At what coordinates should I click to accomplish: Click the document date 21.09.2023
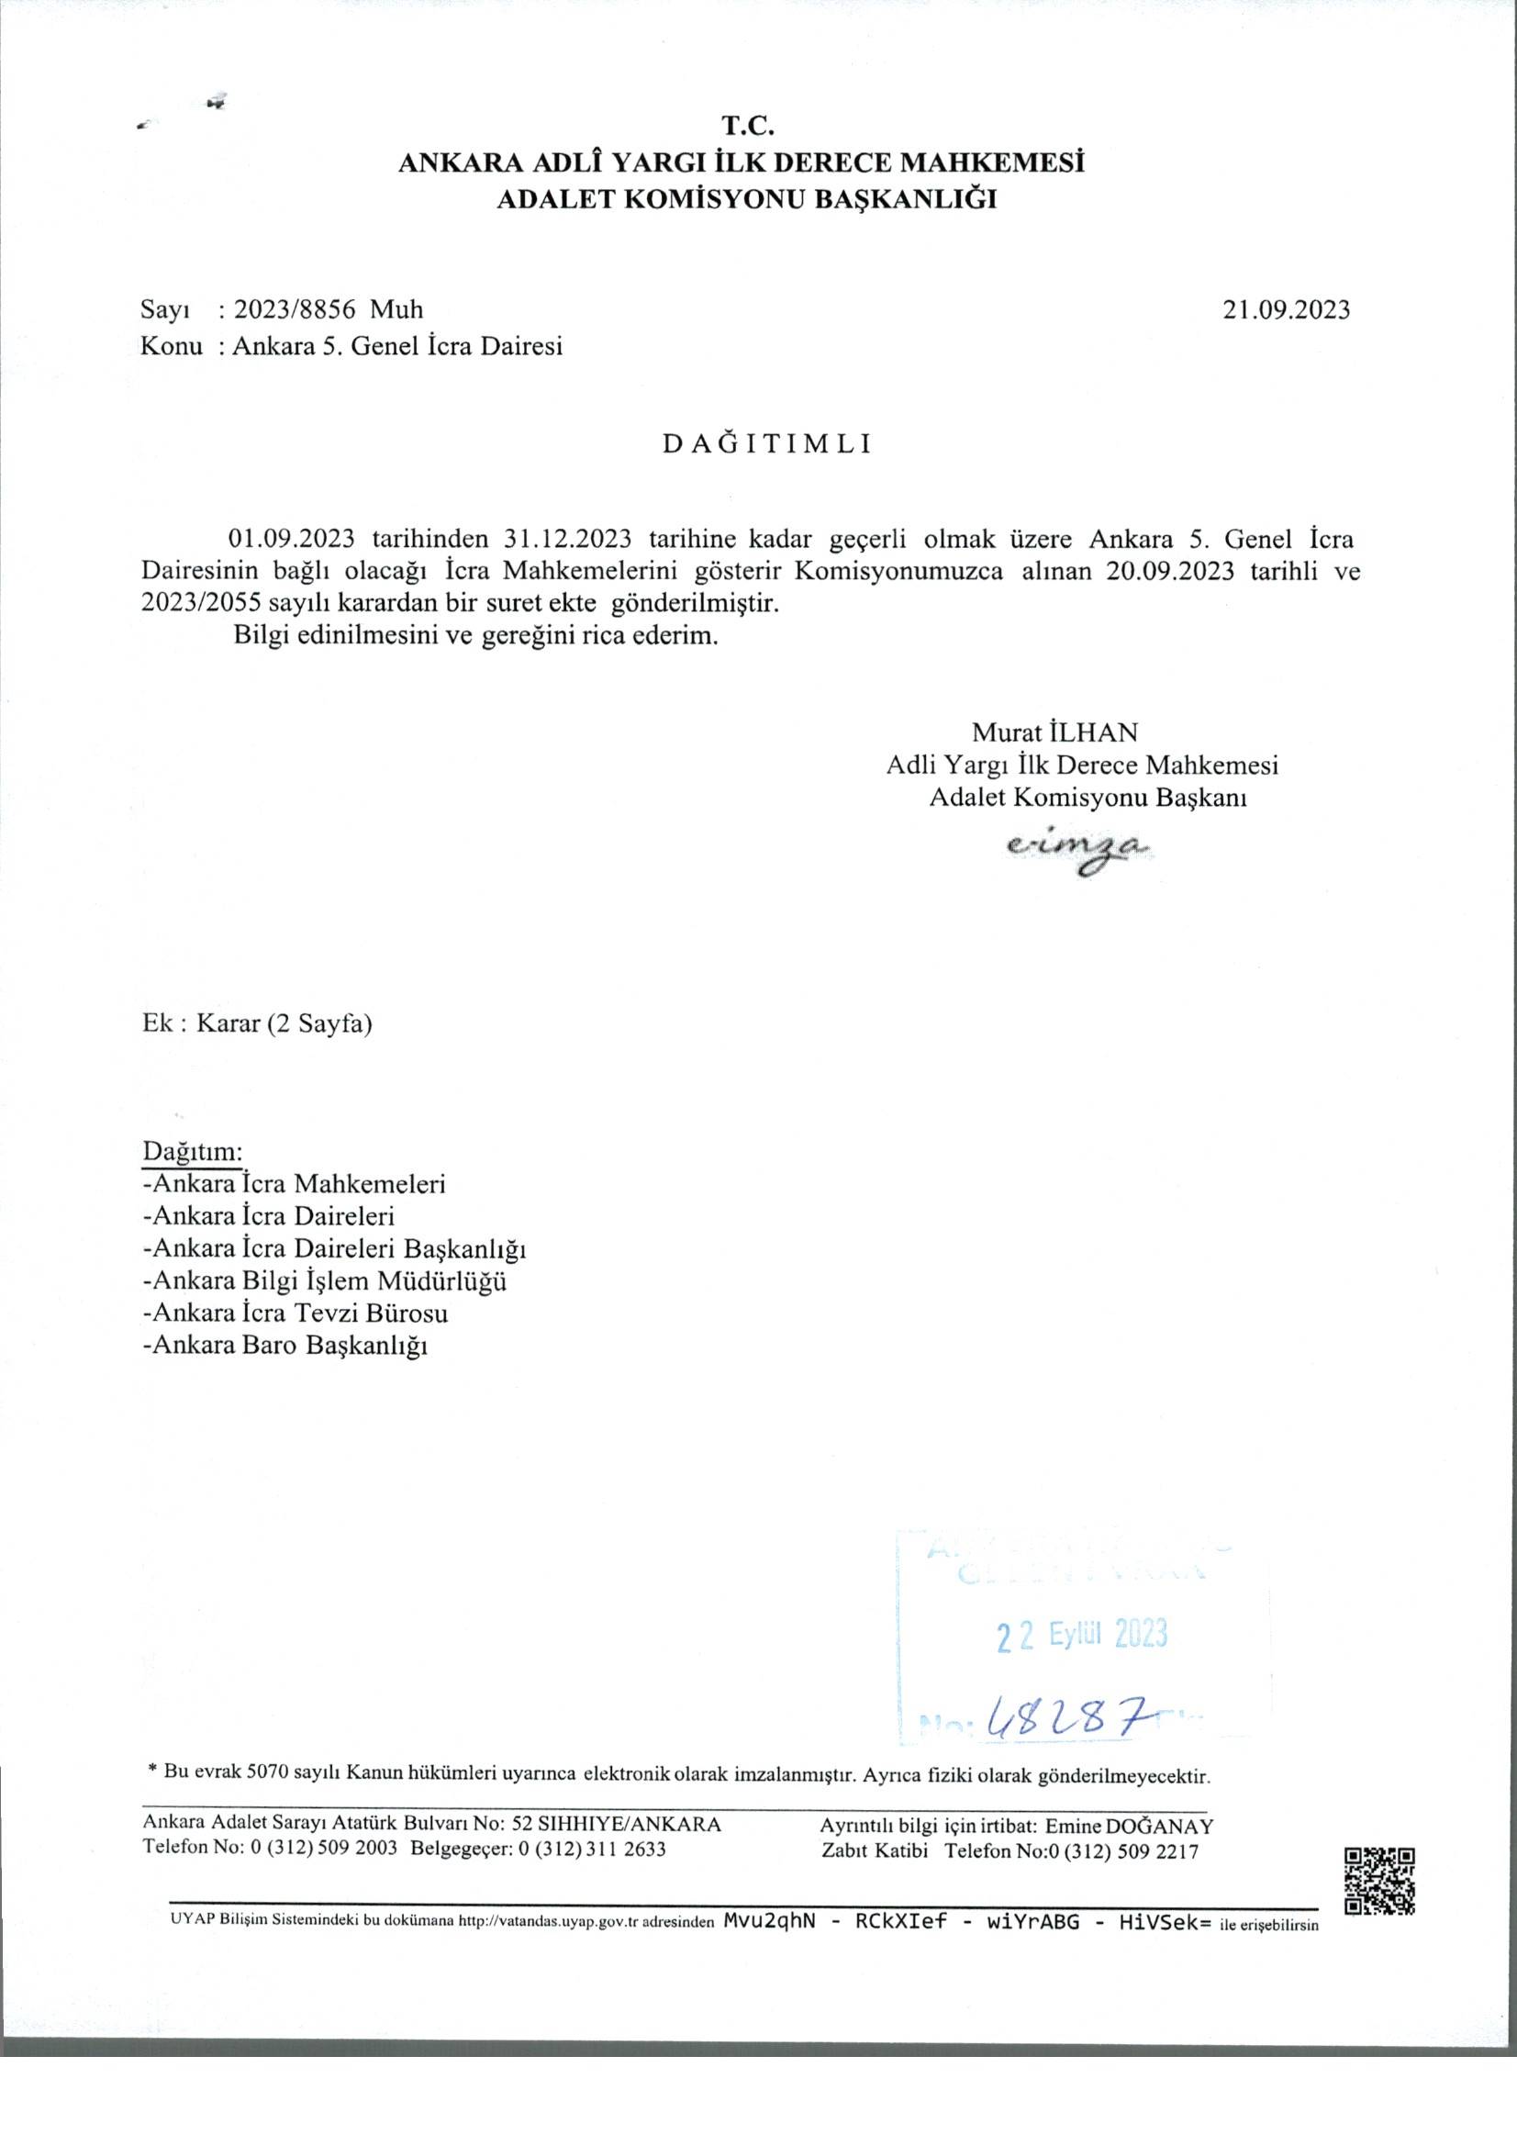pyautogui.click(x=1286, y=309)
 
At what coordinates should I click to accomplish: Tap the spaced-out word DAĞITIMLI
pyautogui.click(x=766, y=445)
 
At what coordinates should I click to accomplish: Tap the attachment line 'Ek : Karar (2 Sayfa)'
pyautogui.click(x=257, y=1023)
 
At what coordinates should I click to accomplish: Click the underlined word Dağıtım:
pyautogui.click(x=193, y=1149)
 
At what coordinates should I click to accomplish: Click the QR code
pyautogui.click(x=1380, y=1882)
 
